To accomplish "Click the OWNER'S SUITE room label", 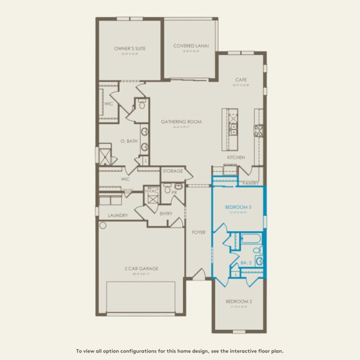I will point(130,49).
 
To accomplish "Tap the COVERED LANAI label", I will point(191,46).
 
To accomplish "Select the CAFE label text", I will point(241,80).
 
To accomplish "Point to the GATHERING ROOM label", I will point(181,122).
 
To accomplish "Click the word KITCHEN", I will point(236,157).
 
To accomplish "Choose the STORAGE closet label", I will point(172,171).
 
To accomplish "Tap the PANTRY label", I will point(250,183).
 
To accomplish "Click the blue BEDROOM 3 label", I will point(238,207).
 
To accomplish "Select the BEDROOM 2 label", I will point(238,301).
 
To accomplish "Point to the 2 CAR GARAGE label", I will point(141,269).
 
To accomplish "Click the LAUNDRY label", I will point(117,215).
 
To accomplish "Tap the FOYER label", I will point(199,232).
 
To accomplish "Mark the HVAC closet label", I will point(152,191).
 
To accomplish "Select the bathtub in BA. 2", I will point(250,238).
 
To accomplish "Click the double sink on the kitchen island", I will point(233,127).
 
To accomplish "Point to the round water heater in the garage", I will point(103,225).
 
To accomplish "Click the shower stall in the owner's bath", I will point(104,155).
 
